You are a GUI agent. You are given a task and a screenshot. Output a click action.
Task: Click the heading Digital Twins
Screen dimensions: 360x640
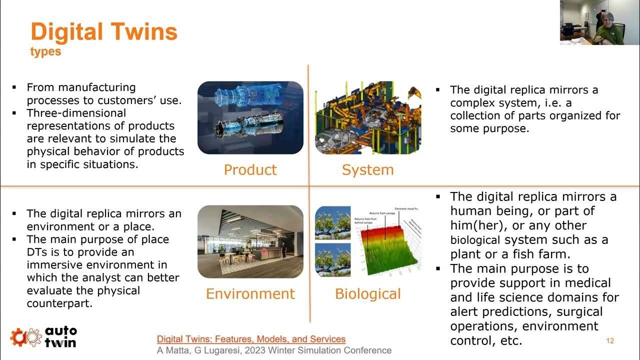[x=104, y=31]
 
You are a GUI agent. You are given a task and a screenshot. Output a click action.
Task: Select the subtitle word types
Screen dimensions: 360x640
[x=45, y=51]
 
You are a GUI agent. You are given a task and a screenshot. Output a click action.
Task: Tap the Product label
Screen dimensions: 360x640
[x=250, y=170]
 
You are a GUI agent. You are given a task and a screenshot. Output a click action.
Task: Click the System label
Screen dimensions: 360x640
[x=367, y=170]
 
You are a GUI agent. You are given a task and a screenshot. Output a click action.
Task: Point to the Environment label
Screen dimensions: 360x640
[x=250, y=293]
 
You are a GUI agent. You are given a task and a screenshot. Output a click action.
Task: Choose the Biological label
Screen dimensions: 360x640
[x=367, y=293]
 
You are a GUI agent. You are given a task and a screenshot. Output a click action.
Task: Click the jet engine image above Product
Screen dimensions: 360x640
[x=250, y=117]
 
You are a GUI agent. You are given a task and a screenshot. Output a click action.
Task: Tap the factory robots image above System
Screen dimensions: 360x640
[x=367, y=117]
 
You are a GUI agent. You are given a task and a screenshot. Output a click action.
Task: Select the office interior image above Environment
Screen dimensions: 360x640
[x=250, y=241]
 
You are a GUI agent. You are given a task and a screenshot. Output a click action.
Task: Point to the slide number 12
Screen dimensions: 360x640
[x=609, y=341]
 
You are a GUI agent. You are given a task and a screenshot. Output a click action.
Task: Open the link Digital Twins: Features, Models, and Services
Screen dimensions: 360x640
[x=251, y=339]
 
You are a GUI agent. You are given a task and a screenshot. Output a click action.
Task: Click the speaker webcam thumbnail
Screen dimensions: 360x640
[x=599, y=22]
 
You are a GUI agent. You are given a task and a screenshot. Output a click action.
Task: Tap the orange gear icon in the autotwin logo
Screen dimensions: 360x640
[x=19, y=337]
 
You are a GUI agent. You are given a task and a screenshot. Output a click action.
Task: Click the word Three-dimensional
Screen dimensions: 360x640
[x=76, y=113]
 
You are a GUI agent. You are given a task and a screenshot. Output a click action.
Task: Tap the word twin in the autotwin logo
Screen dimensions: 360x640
[x=60, y=342]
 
